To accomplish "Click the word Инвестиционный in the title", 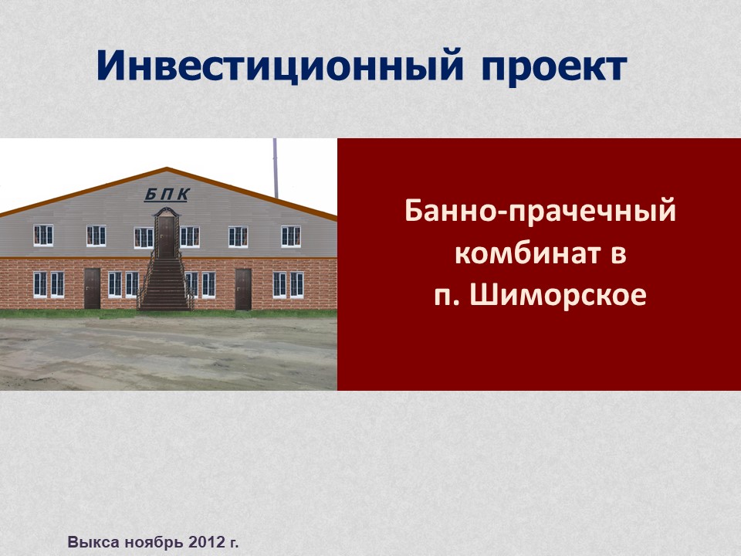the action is point(279,65).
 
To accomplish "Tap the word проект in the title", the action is point(554,69).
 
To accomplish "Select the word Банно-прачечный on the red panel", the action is point(540,212).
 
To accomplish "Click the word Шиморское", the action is point(558,295).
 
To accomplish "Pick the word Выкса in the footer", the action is point(93,542).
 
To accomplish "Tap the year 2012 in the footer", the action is point(205,542).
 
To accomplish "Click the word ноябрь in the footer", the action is point(154,542).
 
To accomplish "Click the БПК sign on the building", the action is point(167,195).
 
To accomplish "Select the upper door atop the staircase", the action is point(167,237).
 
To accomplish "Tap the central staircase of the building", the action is point(165,283).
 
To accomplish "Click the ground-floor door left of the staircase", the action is point(92,288).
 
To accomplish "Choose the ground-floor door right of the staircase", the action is point(243,289).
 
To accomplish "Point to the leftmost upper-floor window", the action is point(43,236).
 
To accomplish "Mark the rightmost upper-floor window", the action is point(291,236).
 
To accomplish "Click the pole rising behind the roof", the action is point(276,168).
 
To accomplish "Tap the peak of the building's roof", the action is point(167,168).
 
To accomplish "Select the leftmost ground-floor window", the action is point(40,284).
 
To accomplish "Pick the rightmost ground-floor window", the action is point(296,285).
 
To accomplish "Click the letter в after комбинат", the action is point(618,254).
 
